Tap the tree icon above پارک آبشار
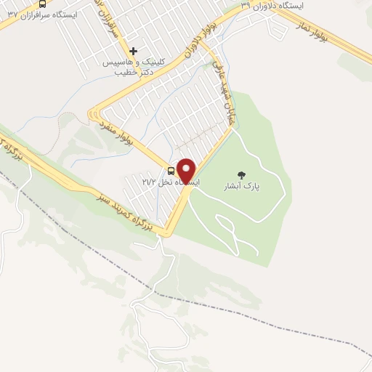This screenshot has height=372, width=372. click(241, 174)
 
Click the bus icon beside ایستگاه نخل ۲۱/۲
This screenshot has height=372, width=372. click(171, 171)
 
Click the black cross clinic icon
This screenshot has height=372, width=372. click(134, 52)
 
